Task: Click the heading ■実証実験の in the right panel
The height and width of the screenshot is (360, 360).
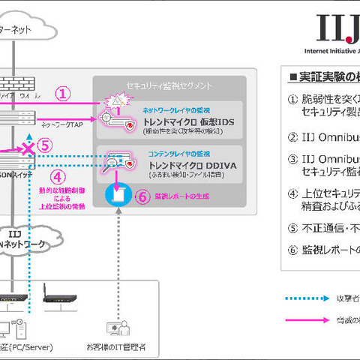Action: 322,76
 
